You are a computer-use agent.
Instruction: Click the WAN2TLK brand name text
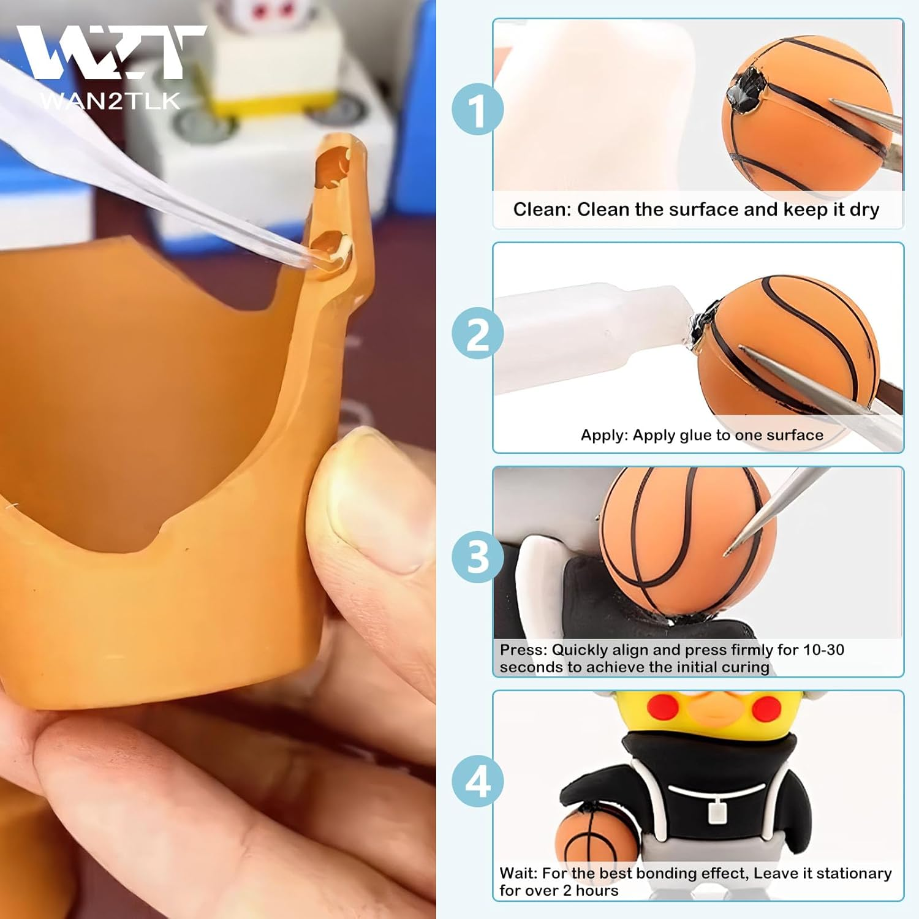coord(110,100)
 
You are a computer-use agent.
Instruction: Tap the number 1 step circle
coord(478,110)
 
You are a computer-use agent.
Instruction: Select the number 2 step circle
coord(478,334)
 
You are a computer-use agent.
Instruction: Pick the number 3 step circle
coord(478,557)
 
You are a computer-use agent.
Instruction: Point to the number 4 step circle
coord(478,781)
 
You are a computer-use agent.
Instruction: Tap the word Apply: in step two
coord(605,436)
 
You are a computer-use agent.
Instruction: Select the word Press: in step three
coord(524,650)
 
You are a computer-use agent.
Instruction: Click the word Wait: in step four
coord(518,874)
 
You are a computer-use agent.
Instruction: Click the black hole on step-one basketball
coord(744,92)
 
